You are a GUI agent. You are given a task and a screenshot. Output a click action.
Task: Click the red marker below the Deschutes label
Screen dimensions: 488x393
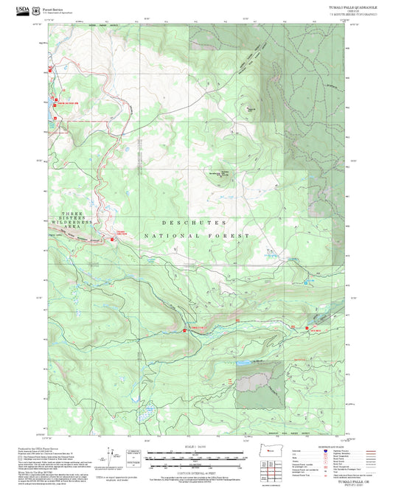(x=113, y=238)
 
